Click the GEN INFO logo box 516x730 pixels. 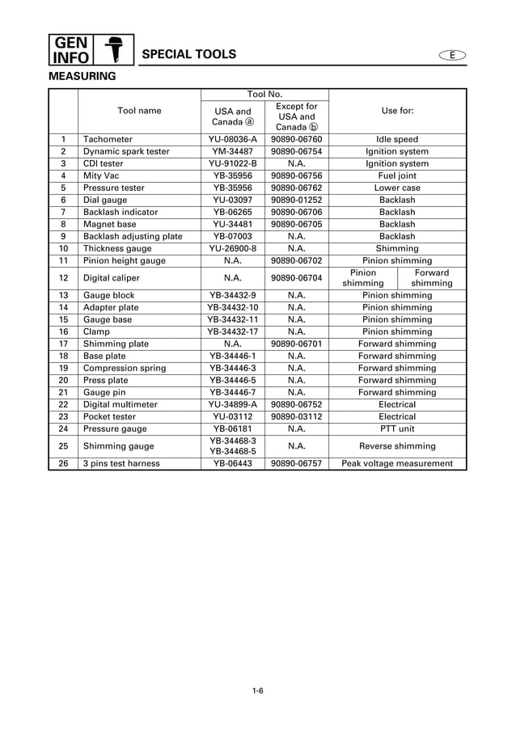click(x=71, y=49)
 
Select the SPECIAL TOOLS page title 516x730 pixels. click(x=188, y=54)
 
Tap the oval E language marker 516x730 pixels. click(x=453, y=55)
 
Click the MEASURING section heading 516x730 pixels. click(x=82, y=77)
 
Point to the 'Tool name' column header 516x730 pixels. click(x=139, y=111)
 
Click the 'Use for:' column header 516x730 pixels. click(x=397, y=111)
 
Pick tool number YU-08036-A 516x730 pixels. click(x=232, y=140)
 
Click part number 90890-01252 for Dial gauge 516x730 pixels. click(x=296, y=200)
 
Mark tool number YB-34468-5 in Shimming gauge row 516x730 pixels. click(x=232, y=451)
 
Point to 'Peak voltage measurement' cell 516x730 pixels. click(x=397, y=464)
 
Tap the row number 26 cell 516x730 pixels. click(x=63, y=464)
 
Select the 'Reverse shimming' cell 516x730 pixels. click(x=397, y=445)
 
